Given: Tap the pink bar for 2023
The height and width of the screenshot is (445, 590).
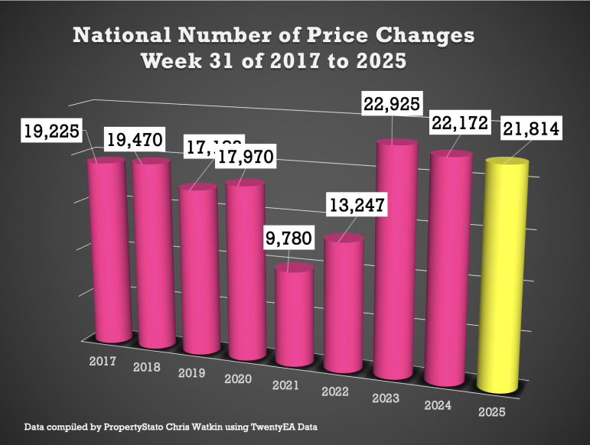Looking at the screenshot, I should point(396,260).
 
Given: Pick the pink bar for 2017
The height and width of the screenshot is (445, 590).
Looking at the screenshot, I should point(106,252).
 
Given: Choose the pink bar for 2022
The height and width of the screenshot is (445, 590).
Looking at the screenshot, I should point(344,306).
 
